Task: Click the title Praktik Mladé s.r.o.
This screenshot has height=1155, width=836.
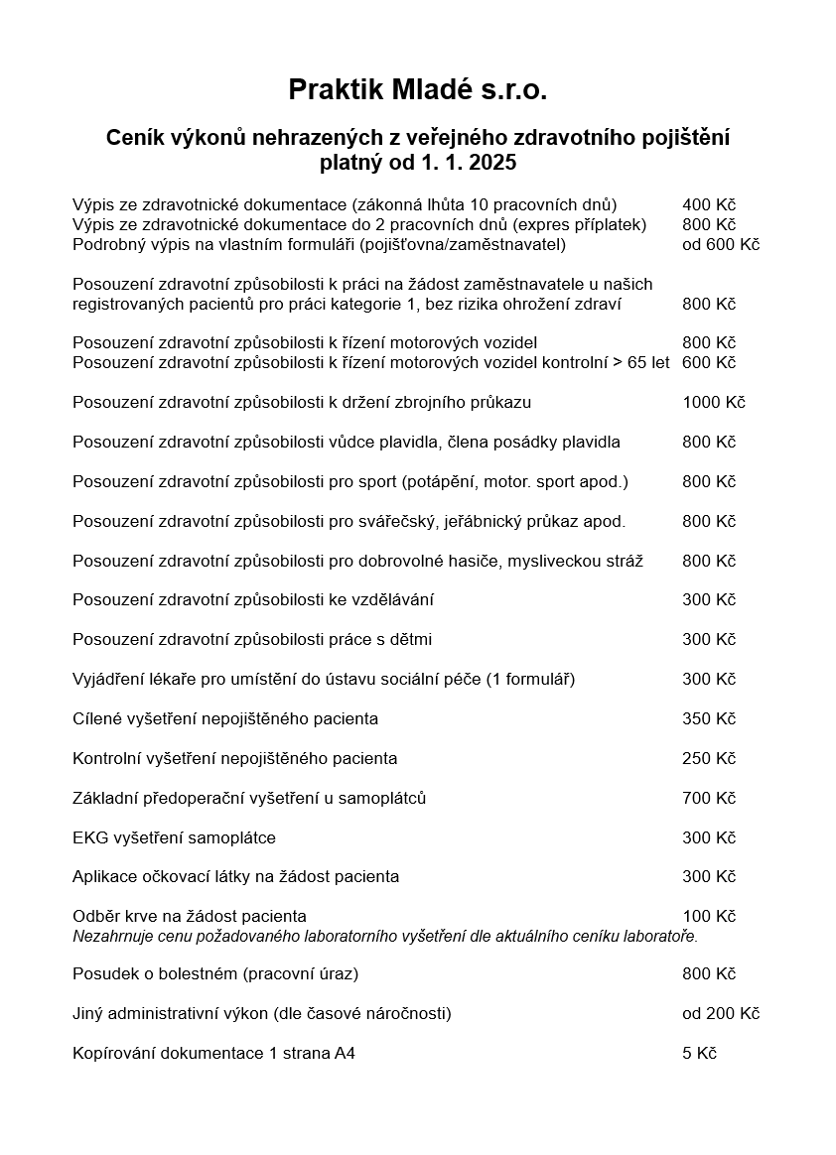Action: click(418, 90)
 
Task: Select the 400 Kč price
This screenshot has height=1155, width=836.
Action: click(709, 204)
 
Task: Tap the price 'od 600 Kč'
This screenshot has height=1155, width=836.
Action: click(721, 244)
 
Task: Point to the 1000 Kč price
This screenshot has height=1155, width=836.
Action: click(713, 402)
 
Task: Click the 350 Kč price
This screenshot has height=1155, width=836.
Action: click(709, 718)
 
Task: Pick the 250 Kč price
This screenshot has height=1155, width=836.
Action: click(709, 758)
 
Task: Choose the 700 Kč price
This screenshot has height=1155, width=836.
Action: click(709, 798)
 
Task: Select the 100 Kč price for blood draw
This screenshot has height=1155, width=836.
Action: click(709, 916)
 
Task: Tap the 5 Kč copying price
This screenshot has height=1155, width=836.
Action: click(699, 1053)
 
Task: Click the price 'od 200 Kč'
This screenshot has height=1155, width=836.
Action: click(721, 1013)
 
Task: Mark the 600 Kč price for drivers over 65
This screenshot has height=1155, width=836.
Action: click(709, 362)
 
